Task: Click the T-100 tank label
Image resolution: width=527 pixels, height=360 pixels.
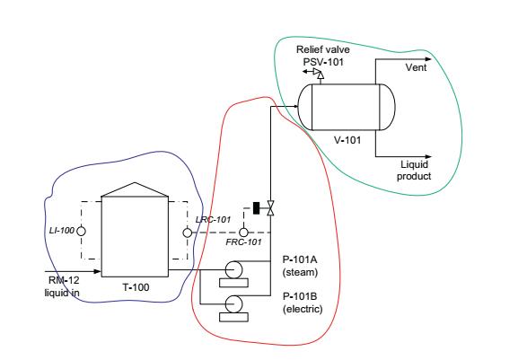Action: click(136, 287)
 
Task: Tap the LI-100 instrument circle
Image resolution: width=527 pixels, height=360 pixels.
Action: click(81, 232)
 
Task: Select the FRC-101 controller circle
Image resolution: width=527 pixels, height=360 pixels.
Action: click(243, 233)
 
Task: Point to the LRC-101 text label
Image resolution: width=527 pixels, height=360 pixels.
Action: click(213, 220)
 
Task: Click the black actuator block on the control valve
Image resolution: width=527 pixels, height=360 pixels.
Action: click(256, 208)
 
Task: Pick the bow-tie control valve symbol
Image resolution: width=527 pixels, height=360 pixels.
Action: click(270, 208)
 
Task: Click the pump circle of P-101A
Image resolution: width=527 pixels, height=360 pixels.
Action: click(233, 269)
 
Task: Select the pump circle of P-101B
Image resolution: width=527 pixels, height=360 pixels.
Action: click(233, 303)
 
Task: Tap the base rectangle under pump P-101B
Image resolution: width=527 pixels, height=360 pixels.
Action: click(234, 317)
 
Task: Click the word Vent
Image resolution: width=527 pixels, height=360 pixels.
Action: click(416, 67)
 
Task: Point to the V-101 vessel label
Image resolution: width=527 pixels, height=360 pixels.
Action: click(347, 140)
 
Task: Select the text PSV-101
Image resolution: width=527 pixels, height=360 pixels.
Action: click(323, 62)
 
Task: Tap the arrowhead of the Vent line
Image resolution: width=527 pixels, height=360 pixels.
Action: click(428, 59)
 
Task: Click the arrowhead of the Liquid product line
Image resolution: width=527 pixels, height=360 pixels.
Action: click(428, 156)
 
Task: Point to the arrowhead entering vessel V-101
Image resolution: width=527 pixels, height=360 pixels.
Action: click(295, 107)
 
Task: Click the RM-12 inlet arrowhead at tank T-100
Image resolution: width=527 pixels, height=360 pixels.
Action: click(98, 271)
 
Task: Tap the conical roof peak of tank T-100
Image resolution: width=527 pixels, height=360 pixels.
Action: click(135, 183)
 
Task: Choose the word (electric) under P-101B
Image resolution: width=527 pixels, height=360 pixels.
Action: click(303, 309)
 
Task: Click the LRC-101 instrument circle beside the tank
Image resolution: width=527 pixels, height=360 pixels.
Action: click(188, 233)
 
